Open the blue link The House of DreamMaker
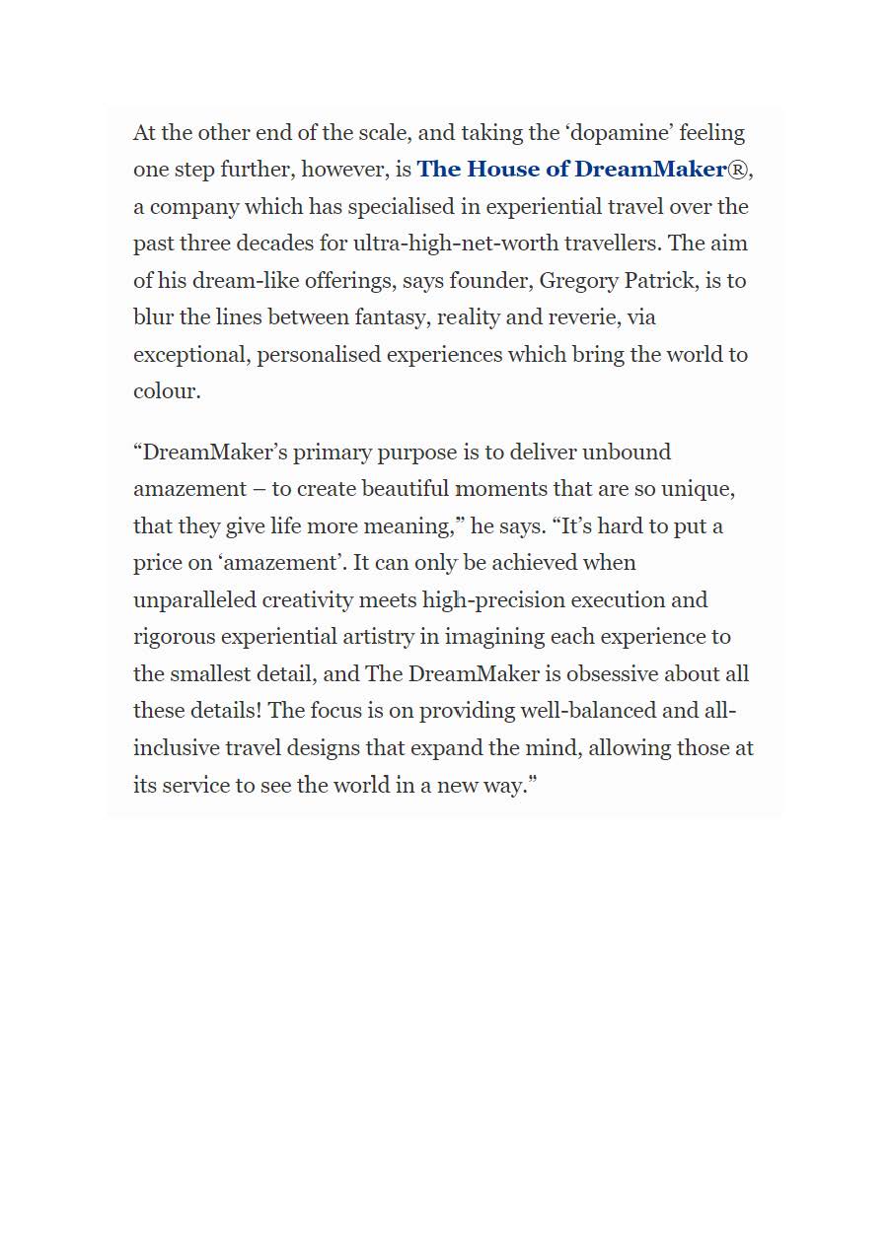tap(571, 170)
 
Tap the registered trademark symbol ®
tap(738, 170)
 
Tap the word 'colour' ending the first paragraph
tap(165, 391)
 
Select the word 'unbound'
tap(626, 453)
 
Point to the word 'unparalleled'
tap(193, 600)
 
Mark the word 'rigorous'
tap(174, 637)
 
